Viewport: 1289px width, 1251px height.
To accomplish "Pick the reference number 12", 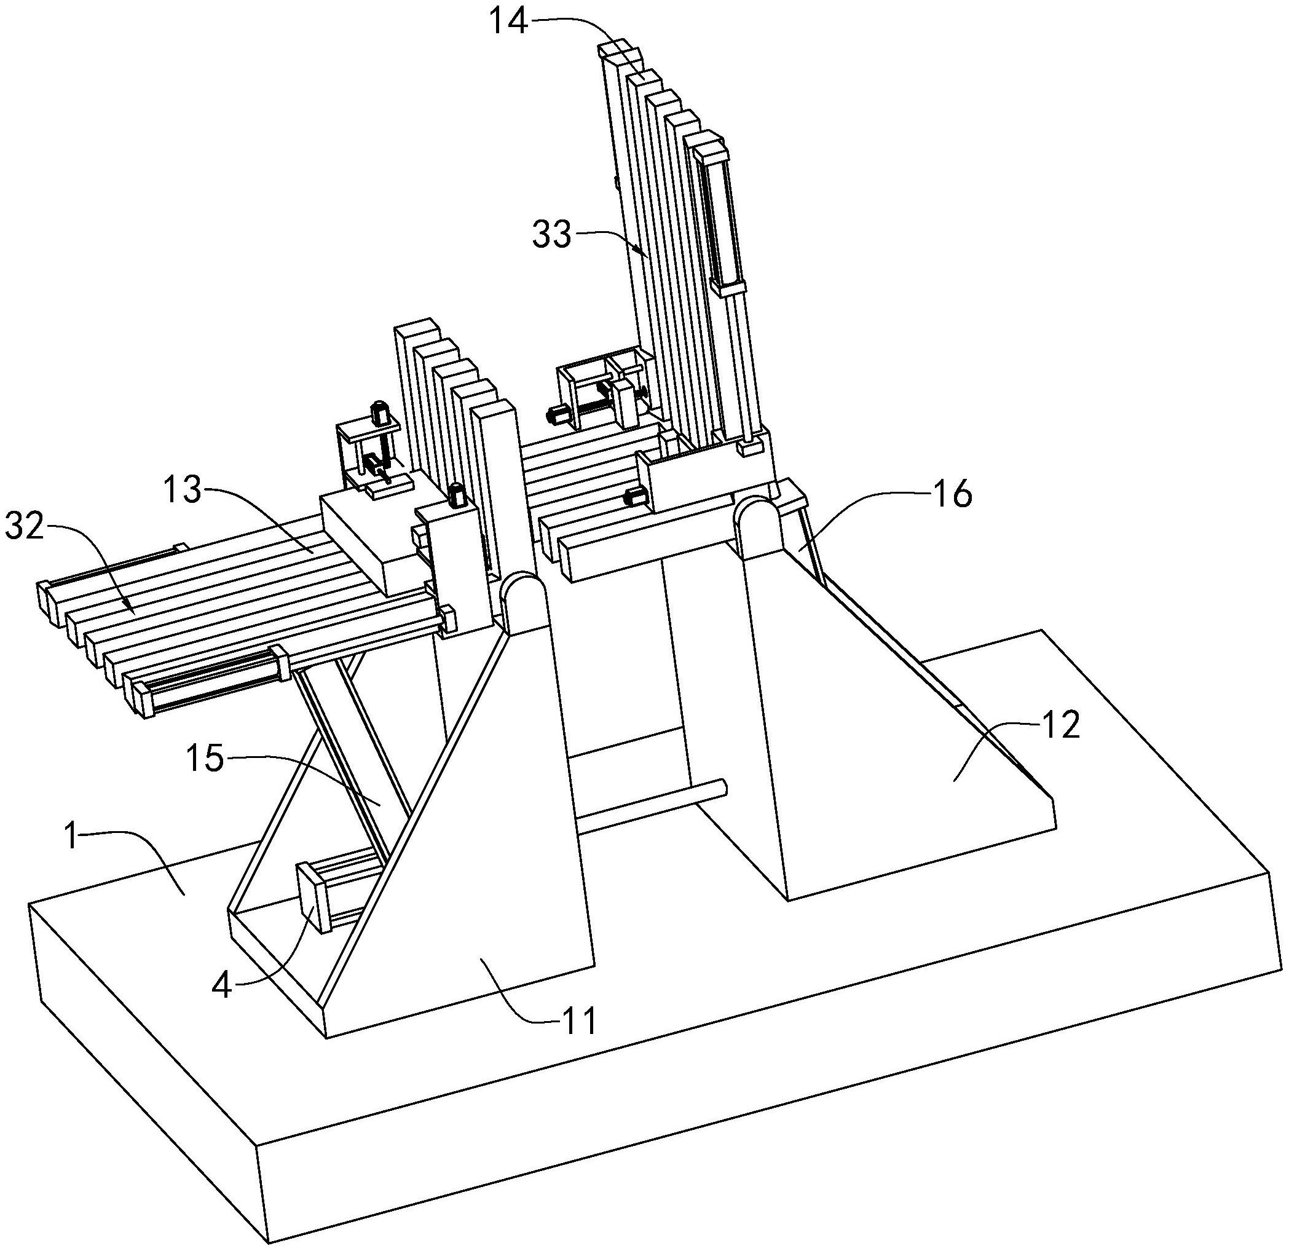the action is (1061, 725).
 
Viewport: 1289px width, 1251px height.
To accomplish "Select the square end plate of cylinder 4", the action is (314, 898).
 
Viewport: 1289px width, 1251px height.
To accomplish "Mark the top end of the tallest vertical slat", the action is (620, 50).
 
